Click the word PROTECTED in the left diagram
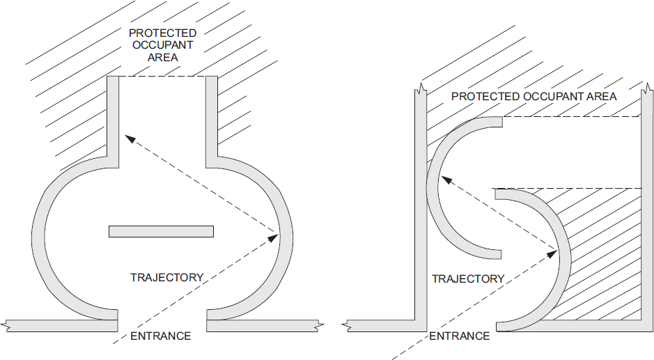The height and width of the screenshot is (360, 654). pyautogui.click(x=163, y=33)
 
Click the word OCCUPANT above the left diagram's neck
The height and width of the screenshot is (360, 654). pyautogui.click(x=163, y=45)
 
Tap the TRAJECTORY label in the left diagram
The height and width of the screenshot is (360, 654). pyautogui.click(x=166, y=277)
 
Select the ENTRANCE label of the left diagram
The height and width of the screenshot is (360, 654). pyautogui.click(x=160, y=336)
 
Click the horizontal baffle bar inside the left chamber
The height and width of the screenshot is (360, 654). pyautogui.click(x=161, y=231)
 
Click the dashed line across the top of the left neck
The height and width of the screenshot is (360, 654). pyautogui.click(x=163, y=77)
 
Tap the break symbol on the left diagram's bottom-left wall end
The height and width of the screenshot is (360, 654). pyautogui.click(x=8, y=325)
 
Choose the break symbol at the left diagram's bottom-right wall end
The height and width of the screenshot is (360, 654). pyautogui.click(x=318, y=325)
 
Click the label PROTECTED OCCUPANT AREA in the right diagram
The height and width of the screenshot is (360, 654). pyautogui.click(x=534, y=96)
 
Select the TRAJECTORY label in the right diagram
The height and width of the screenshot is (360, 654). pyautogui.click(x=468, y=279)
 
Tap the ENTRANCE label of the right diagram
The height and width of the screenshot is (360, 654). pyautogui.click(x=459, y=336)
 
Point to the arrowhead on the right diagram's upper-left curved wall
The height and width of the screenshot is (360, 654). pyautogui.click(x=446, y=181)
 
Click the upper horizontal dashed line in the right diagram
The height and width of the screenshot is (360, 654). pyautogui.click(x=571, y=118)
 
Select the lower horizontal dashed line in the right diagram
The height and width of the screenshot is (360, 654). pyautogui.click(x=568, y=188)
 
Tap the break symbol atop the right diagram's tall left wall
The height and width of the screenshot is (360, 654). pyautogui.click(x=420, y=89)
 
